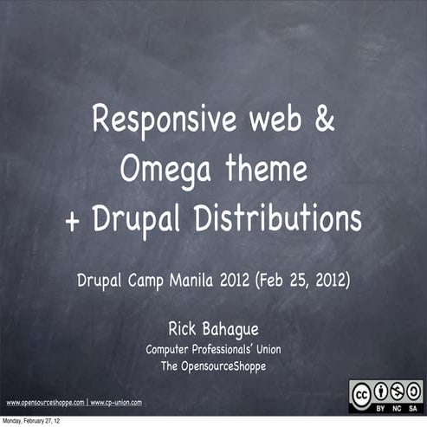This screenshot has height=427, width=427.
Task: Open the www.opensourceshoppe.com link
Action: [x=45, y=403]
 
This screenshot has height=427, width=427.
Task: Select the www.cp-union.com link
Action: [x=116, y=403]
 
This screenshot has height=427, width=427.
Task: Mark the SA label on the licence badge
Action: [x=413, y=408]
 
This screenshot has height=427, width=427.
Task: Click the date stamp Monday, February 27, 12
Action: [x=31, y=421]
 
